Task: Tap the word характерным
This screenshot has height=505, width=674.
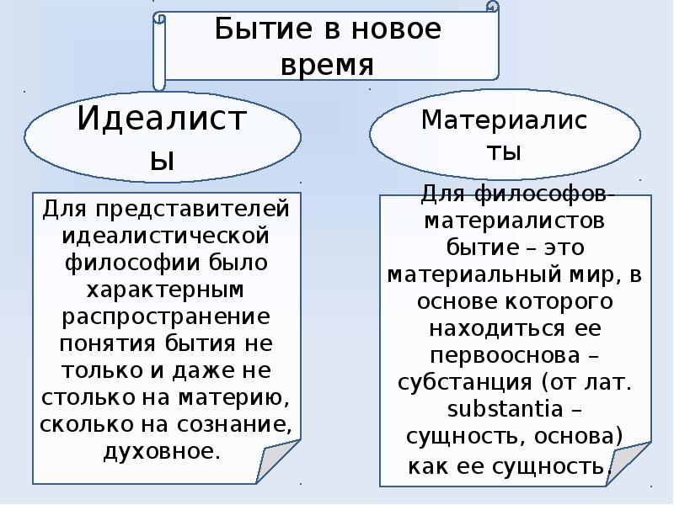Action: (166, 290)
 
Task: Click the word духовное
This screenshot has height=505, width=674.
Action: (159, 452)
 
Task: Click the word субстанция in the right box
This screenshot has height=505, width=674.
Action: (459, 382)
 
